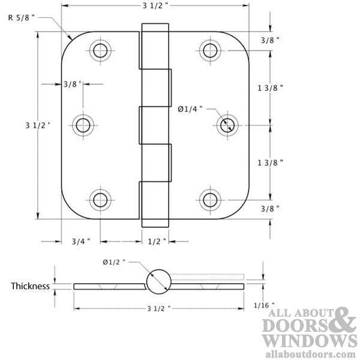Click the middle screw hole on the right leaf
coord(226,125)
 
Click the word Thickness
coord(30,286)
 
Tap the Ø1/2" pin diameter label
coord(113,262)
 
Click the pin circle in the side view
coord(157,281)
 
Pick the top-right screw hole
coord(209,49)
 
